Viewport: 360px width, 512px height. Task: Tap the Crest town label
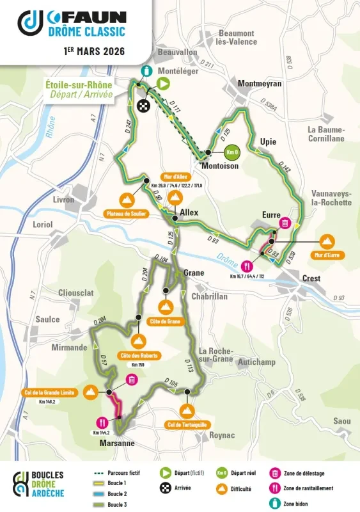(x=310, y=278)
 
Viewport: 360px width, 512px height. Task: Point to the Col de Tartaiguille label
(x=188, y=424)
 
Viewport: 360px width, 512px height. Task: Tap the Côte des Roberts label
(x=138, y=356)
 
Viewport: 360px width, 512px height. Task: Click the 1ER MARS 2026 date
(x=94, y=49)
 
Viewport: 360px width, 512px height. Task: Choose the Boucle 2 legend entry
(x=116, y=493)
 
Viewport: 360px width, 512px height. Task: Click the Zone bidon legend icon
(x=275, y=504)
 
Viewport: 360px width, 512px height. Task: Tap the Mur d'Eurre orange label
(x=325, y=255)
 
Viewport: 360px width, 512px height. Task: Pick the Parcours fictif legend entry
(x=124, y=472)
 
